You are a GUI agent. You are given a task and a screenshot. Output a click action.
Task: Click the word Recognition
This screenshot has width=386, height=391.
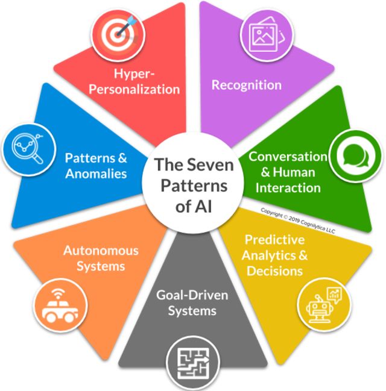246,84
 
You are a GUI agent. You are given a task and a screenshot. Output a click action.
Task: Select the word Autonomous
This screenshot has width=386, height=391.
101,250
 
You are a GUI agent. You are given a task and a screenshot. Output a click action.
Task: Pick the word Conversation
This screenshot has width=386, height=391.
288,157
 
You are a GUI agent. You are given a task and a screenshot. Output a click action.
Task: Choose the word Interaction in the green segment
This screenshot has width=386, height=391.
288,187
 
